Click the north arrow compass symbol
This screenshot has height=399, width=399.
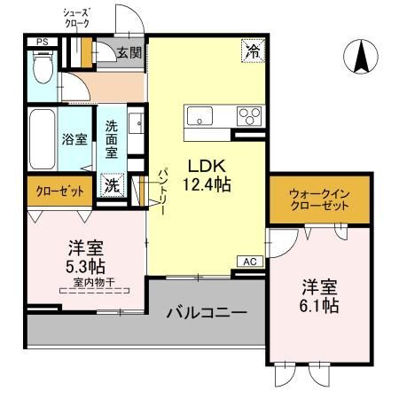[x=362, y=58]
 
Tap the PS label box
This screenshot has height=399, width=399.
[x=42, y=42]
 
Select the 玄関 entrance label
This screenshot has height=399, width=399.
[x=129, y=52]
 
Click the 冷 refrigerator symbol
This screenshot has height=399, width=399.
[x=254, y=52]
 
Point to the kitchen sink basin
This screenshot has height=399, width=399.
[x=199, y=116]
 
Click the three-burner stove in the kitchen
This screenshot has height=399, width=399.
[x=249, y=116]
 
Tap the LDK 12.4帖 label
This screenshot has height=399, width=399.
[x=208, y=175]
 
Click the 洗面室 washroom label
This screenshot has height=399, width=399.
[x=112, y=139]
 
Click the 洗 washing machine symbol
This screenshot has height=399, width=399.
[x=113, y=184]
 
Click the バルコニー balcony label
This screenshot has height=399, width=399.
[x=207, y=313]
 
